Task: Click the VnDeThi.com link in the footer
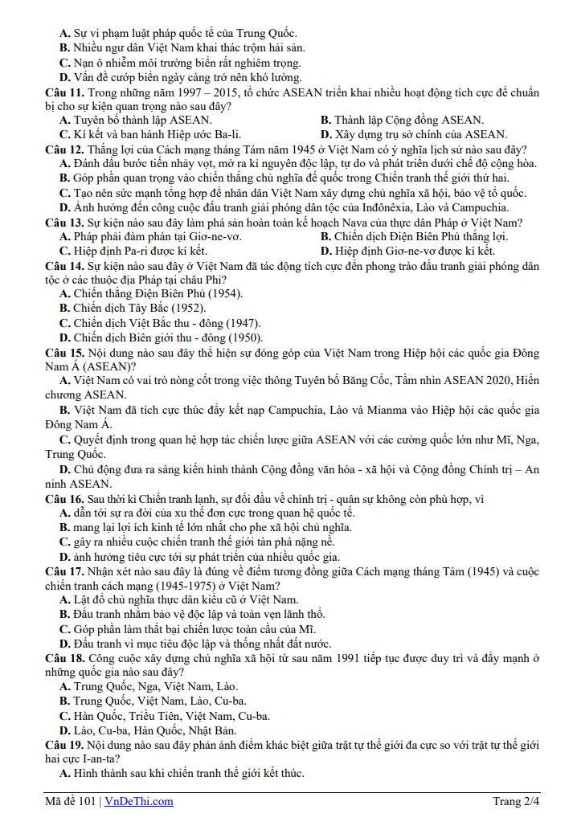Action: click(141, 801)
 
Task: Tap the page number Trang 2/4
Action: click(516, 801)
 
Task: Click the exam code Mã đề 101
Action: click(71, 801)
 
